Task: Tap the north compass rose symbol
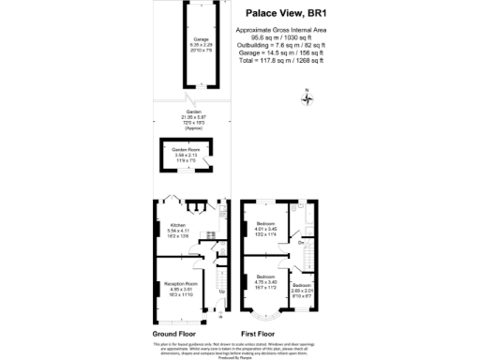(310, 97)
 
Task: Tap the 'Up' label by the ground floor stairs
(221, 291)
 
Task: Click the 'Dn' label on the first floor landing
(300, 244)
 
